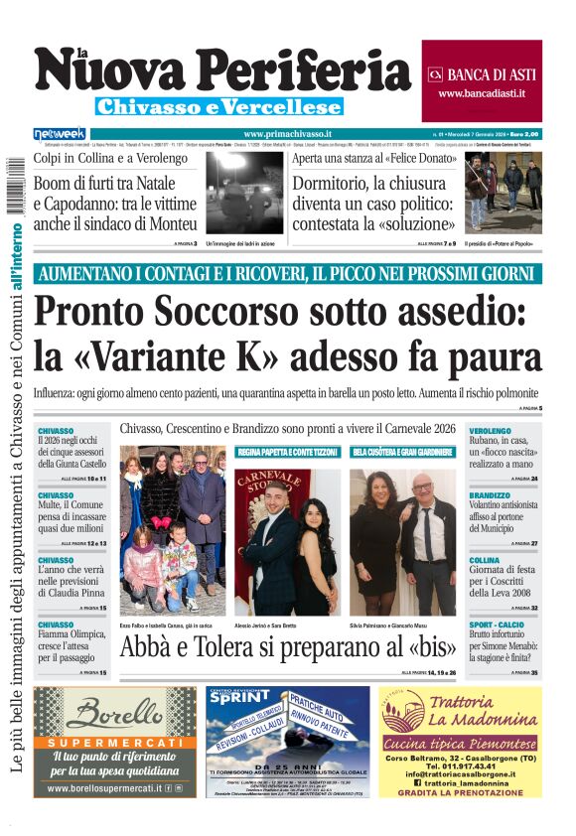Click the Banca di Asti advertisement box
[x=482, y=81]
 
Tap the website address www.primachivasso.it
[x=287, y=134]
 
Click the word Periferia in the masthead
[x=311, y=72]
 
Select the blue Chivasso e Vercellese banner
[x=219, y=107]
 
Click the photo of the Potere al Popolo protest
[x=504, y=193]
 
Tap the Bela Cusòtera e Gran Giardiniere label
[x=402, y=452]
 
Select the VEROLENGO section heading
[x=490, y=431]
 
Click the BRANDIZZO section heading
[x=490, y=495]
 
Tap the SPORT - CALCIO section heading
[x=499, y=625]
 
